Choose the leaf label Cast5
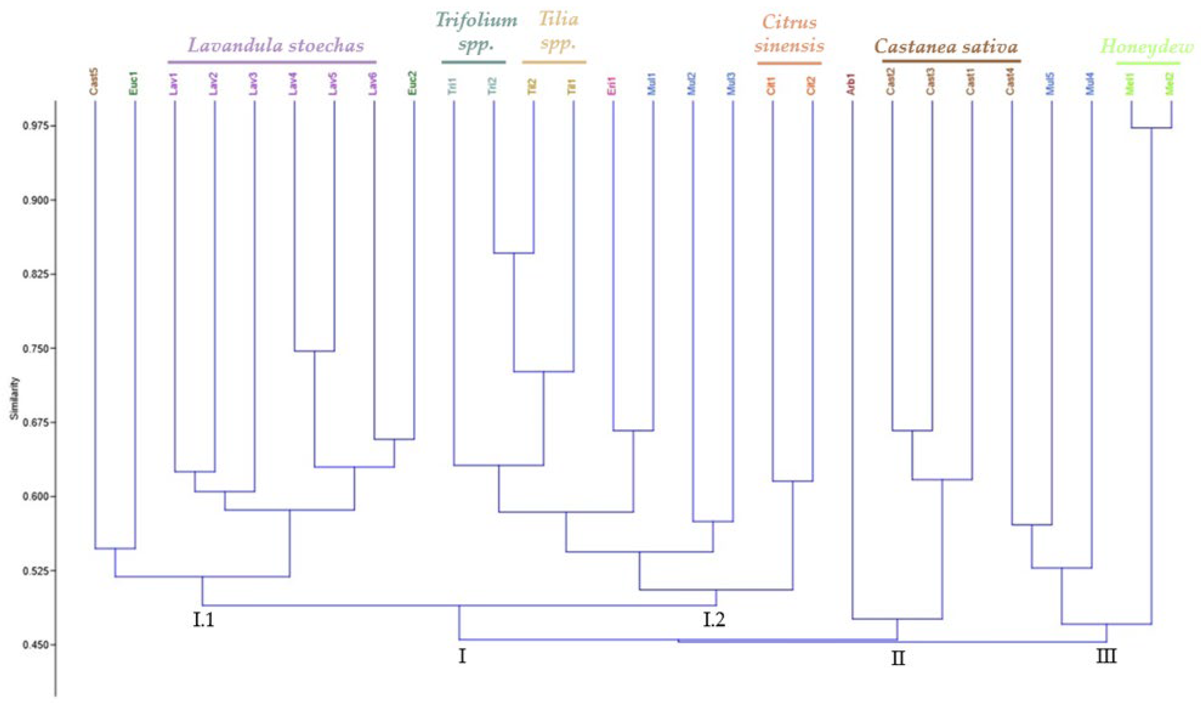tap(94, 83)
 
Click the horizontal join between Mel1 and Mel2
tap(1151, 128)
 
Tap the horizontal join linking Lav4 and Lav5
tap(314, 351)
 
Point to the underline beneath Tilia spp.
tap(554, 62)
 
